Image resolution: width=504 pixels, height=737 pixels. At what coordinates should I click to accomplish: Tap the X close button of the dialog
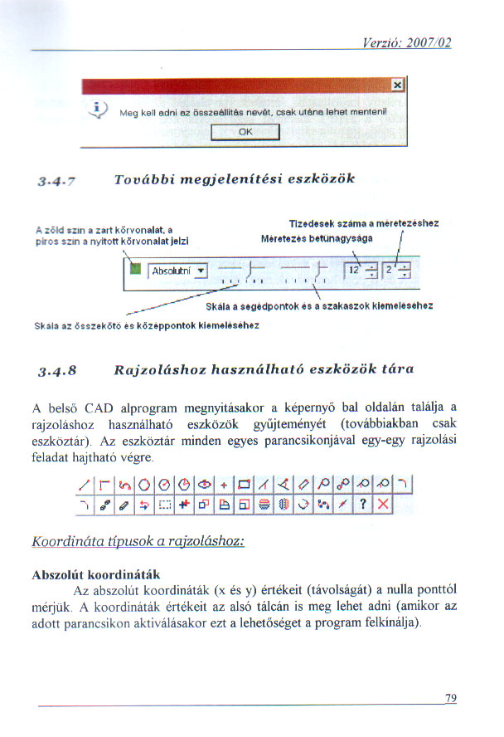[397, 85]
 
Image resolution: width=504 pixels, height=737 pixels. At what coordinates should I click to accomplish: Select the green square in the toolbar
[135, 268]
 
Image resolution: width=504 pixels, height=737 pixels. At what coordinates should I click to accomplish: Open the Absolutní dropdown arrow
[200, 271]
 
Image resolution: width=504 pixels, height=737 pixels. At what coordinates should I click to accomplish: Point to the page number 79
[450, 699]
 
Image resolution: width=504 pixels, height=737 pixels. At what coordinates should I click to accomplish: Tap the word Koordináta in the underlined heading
[65, 540]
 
